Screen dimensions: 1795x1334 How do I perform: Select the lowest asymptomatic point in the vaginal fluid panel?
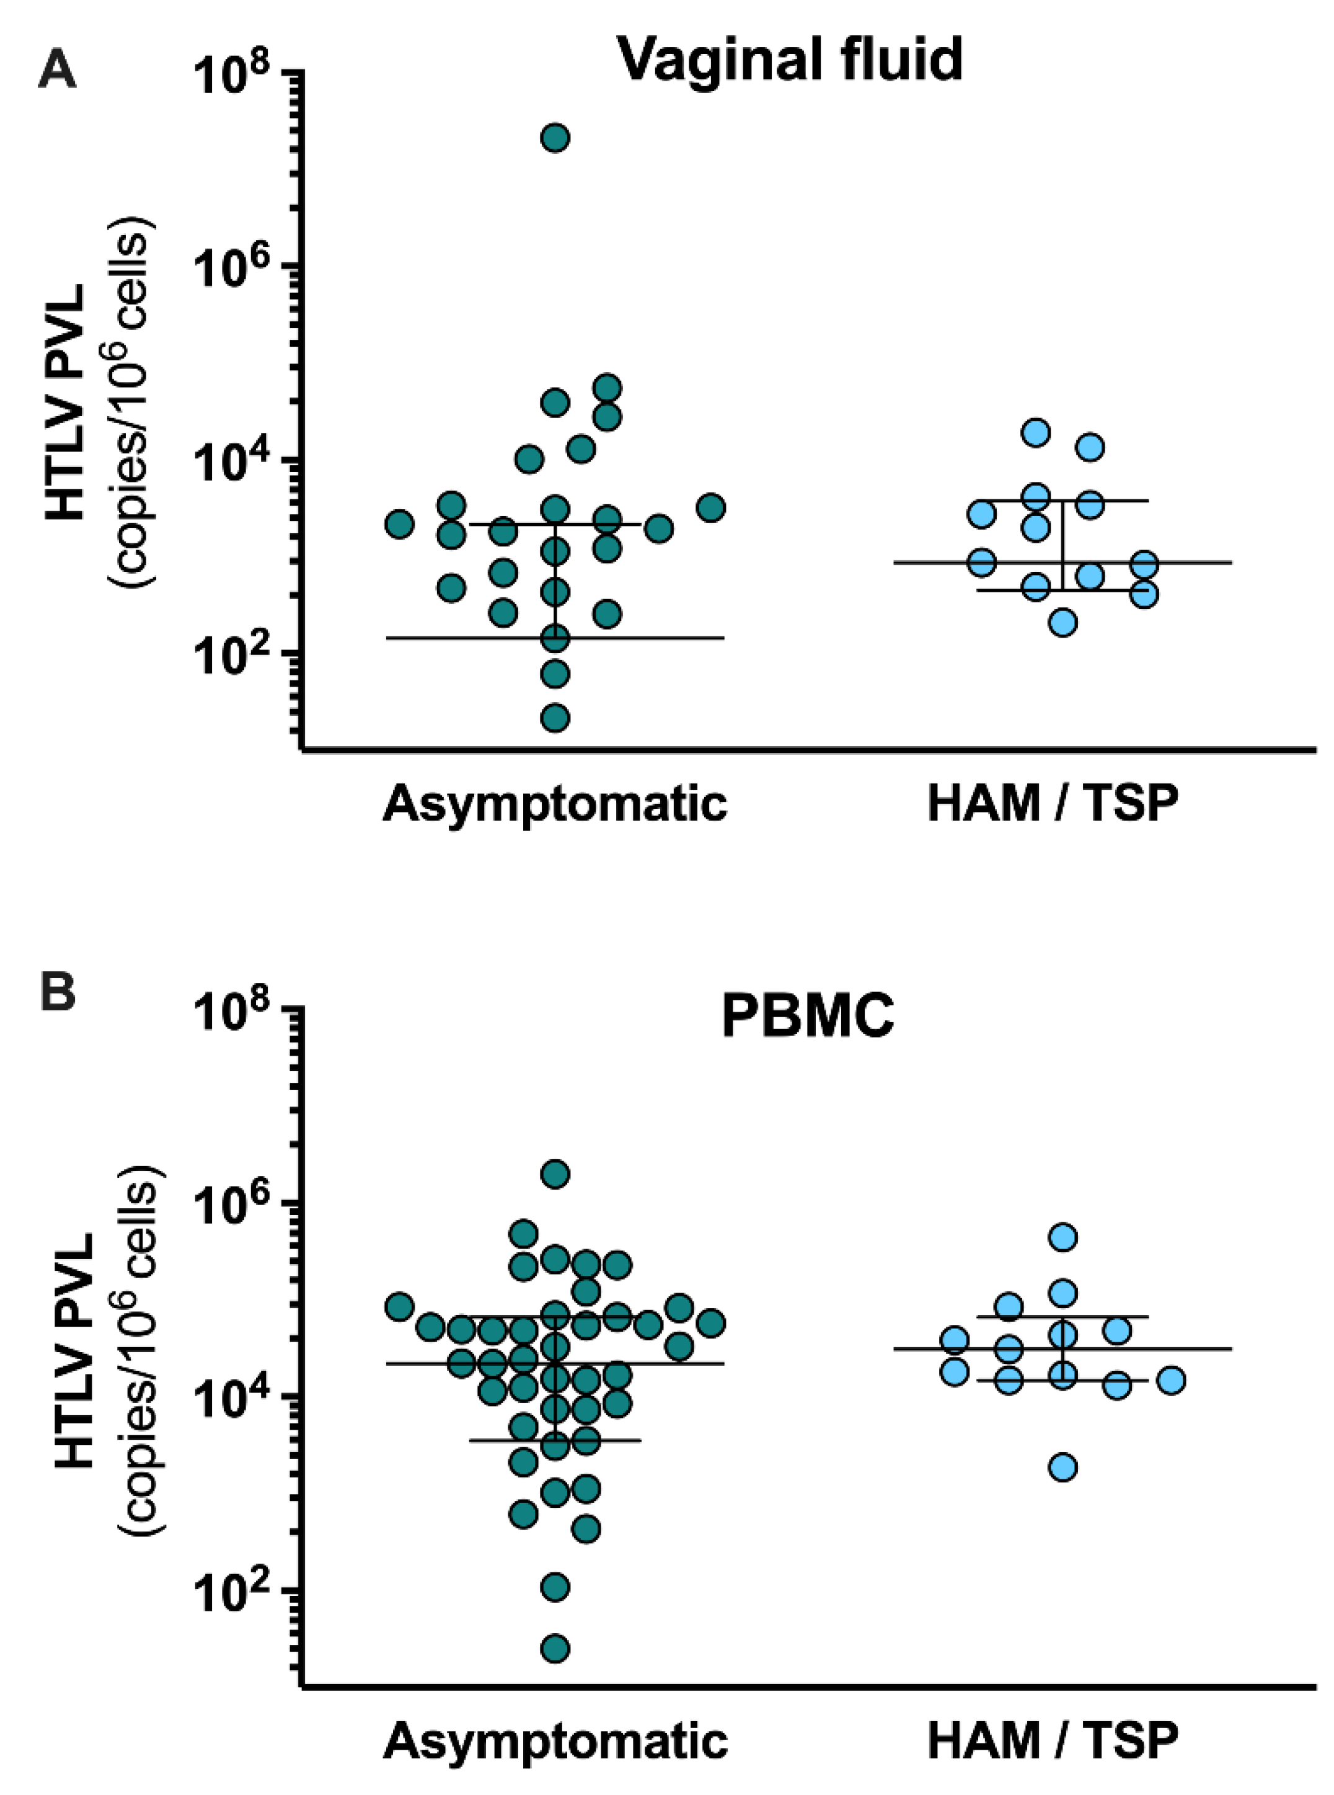(555, 718)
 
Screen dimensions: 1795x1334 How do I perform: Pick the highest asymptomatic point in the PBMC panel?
(555, 1173)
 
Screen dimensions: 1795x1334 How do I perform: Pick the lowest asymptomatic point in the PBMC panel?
(555, 1648)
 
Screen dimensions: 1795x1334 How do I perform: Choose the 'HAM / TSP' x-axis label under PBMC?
(1052, 1742)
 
